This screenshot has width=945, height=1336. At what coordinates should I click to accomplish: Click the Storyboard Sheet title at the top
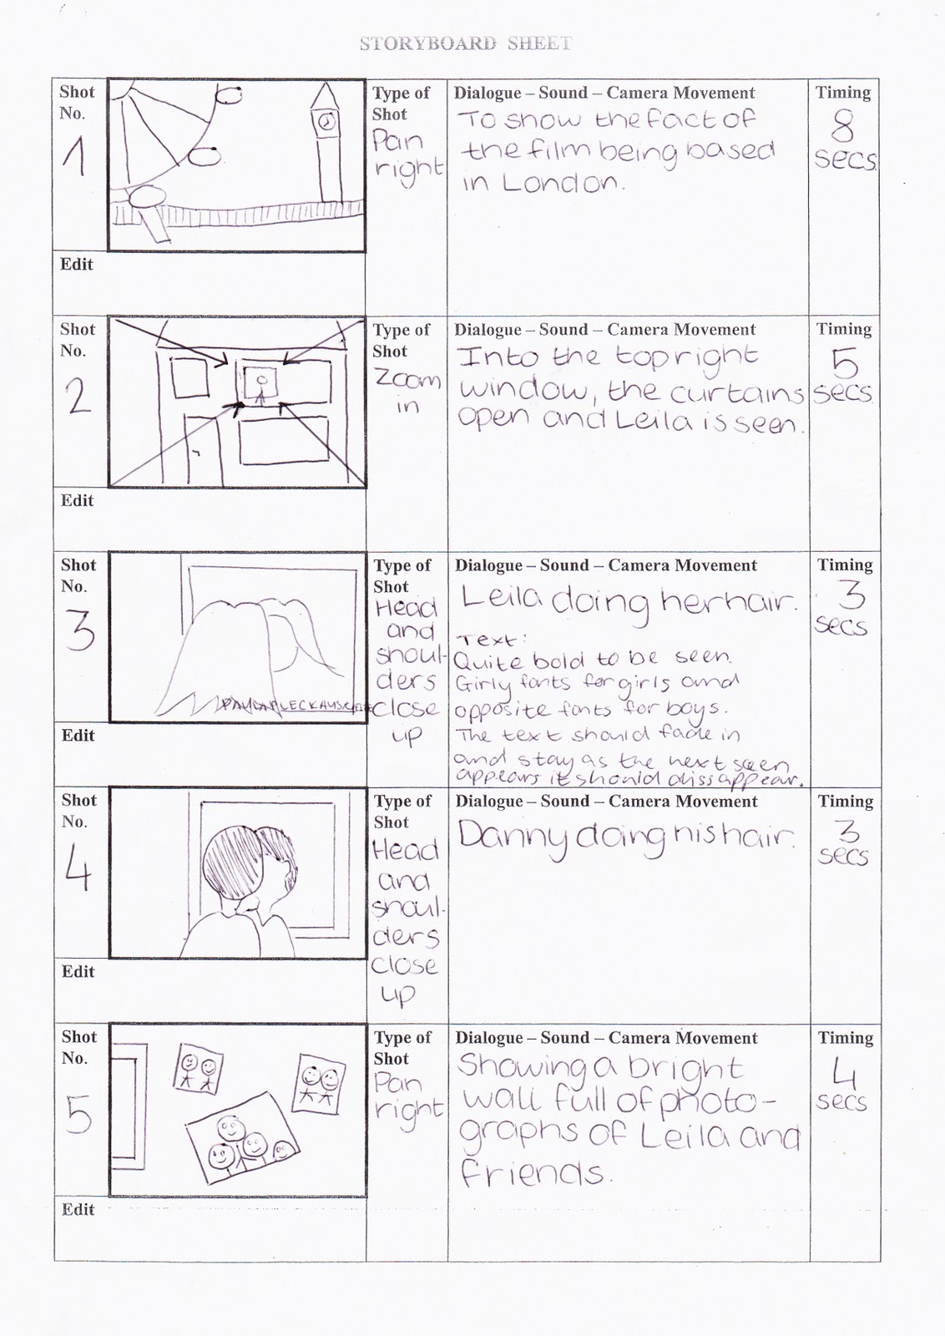click(466, 43)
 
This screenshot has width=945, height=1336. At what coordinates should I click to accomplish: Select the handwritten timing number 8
click(844, 129)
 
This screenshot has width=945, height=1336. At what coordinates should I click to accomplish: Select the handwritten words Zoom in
click(407, 393)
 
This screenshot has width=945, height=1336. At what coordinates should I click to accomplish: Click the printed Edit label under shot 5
click(78, 1209)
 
